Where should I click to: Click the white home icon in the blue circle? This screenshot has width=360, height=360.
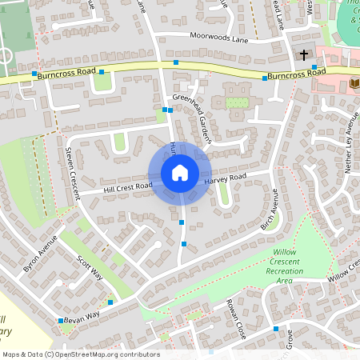[180, 172]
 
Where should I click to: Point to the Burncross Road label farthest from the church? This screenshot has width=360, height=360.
[67, 71]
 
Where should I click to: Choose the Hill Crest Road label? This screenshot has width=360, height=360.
[128, 188]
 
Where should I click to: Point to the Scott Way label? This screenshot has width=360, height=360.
[90, 268]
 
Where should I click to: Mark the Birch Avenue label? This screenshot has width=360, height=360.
[270, 210]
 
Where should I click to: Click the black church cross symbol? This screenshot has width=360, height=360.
[303, 54]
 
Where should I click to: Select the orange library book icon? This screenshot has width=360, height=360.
[354, 82]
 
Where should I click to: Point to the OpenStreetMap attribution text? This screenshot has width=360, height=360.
[81, 354]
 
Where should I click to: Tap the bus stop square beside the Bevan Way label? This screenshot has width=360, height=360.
[60, 321]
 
